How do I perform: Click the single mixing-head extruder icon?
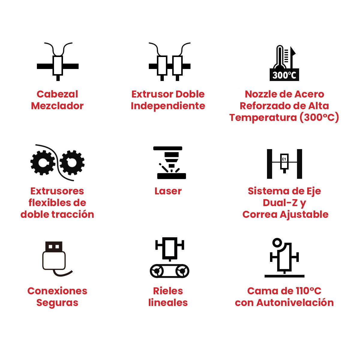[58, 62]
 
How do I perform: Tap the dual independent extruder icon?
[169, 62]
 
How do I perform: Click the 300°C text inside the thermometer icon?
[284, 75]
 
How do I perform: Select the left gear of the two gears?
[43, 163]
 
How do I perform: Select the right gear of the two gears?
[72, 163]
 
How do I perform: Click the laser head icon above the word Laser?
[169, 163]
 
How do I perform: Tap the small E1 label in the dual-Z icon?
[284, 159]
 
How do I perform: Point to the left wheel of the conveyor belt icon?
[157, 271]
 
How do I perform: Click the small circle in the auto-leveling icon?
[277, 243]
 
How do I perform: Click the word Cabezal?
[57, 94]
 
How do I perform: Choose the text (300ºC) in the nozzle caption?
[319, 118]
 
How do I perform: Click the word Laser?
[168, 191]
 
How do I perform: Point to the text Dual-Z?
[280, 203]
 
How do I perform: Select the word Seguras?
[57, 303]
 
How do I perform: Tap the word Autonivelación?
[295, 303]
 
